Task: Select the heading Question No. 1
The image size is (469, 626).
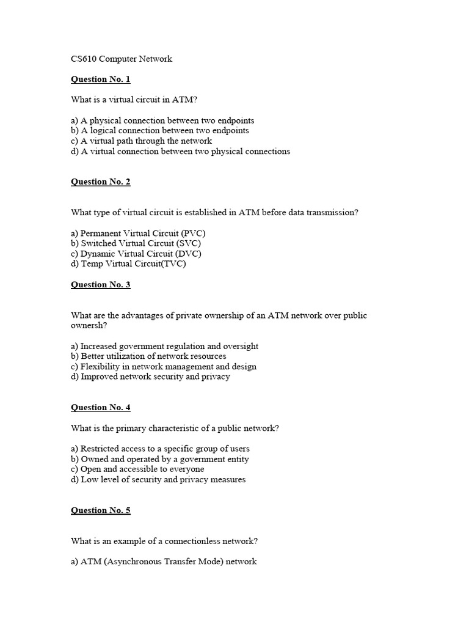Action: coord(101,79)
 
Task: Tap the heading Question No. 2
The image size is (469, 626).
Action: coord(101,182)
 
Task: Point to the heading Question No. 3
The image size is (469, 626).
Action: coord(101,284)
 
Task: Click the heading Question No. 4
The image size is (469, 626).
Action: coord(101,408)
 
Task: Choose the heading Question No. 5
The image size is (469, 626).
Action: coord(101,510)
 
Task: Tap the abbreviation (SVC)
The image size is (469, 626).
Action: coord(189,243)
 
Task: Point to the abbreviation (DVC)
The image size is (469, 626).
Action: coord(189,254)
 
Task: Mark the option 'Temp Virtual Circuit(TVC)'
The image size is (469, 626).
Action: coord(129,264)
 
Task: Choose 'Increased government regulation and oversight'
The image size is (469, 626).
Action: coord(164,346)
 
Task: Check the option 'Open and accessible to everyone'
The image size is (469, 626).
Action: coord(137,469)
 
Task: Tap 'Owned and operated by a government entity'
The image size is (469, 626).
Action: coord(160,459)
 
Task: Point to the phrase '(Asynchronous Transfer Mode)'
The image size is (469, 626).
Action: coord(165,562)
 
